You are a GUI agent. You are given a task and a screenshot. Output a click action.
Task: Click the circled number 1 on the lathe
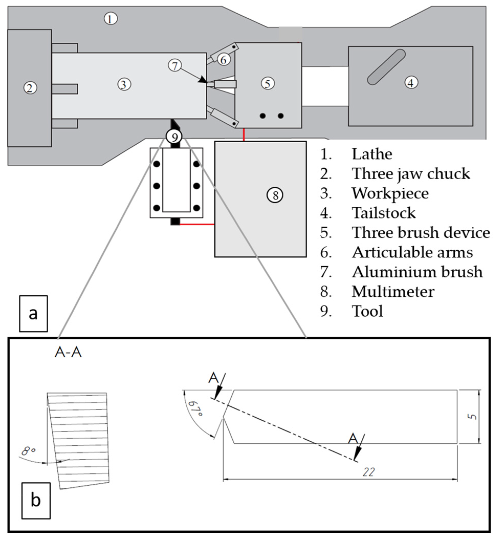110,19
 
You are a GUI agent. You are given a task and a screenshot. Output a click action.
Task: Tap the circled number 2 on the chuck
30,88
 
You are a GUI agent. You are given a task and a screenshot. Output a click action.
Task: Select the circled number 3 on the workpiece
124,84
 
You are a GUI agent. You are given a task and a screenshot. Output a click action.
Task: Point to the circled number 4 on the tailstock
411,82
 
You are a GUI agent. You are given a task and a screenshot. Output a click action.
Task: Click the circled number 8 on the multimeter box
275,195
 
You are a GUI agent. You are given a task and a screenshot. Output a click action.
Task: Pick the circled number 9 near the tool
174,137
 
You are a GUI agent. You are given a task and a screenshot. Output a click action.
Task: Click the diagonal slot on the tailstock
386,67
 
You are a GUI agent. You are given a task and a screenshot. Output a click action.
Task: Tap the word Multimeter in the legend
393,292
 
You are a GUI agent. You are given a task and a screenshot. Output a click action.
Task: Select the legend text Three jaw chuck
411,174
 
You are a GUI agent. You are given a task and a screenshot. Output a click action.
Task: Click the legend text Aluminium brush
417,272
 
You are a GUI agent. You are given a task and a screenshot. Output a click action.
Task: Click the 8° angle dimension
28,451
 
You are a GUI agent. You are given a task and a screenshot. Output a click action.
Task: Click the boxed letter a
34,314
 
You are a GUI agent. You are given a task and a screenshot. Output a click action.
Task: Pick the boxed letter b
36,501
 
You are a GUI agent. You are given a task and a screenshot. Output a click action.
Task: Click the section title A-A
68,353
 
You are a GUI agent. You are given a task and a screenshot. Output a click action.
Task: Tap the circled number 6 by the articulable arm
224,60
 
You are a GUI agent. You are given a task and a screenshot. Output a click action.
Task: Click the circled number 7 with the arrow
175,66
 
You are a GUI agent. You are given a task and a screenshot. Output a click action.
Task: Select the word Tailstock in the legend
383,213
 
